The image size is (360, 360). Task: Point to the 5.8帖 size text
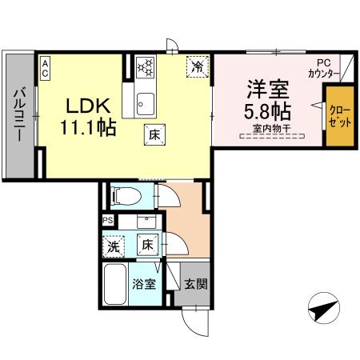[267, 110]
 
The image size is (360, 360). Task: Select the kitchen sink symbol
[145, 102]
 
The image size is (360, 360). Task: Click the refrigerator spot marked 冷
[197, 67]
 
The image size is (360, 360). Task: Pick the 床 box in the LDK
[153, 135]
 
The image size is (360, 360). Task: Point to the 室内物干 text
[269, 128]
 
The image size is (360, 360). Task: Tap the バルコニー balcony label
[17, 117]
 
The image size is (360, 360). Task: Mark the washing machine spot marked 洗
[114, 247]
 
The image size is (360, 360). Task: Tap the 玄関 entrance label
[194, 282]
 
